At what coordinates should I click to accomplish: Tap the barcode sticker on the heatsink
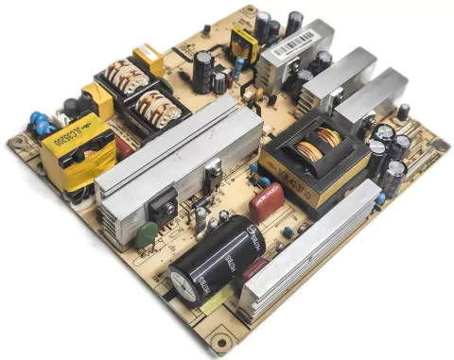tap(292, 43)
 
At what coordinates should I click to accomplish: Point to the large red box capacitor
tap(266, 202)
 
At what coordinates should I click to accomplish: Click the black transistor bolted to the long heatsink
tap(163, 202)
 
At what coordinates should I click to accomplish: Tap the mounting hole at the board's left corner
tap(17, 143)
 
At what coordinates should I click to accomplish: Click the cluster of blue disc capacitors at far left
tap(40, 121)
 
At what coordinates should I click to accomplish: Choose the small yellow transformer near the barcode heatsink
tap(245, 43)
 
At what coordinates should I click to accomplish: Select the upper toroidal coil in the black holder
tap(123, 75)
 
